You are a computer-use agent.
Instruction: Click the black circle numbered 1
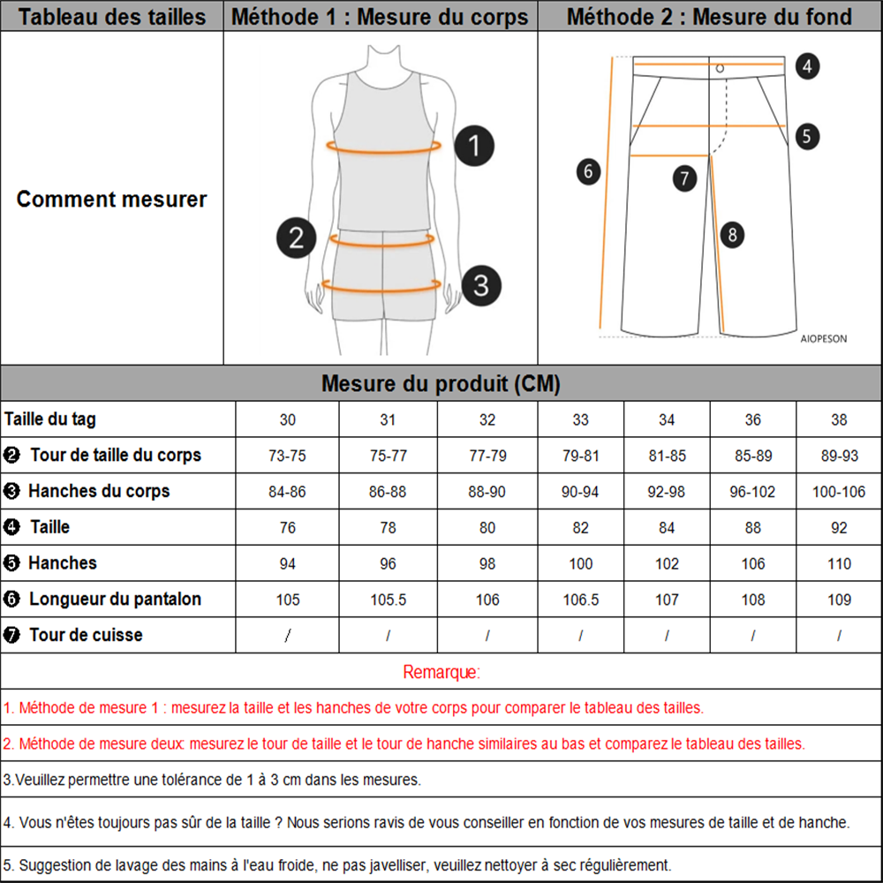[475, 146]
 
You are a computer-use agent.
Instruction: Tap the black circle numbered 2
[297, 238]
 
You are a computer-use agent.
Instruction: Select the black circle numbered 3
[481, 285]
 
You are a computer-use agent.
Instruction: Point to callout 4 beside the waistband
[807, 65]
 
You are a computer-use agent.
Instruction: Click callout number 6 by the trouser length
[589, 170]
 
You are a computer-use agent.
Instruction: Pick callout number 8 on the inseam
[732, 235]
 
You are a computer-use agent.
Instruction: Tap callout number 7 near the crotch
[684, 178]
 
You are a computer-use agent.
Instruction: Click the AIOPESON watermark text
[823, 338]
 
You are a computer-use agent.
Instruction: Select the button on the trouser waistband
[720, 68]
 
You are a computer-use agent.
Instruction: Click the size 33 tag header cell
[580, 419]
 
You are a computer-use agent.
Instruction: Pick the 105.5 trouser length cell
[388, 600]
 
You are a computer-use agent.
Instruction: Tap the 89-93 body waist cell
[839, 456]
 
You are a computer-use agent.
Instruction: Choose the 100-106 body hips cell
[839, 492]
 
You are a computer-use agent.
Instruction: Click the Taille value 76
[288, 528]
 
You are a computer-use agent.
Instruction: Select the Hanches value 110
[839, 564]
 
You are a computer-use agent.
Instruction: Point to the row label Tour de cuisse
[85, 635]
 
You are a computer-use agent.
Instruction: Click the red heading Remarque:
[441, 672]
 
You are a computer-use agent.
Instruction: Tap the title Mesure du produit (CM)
[441, 384]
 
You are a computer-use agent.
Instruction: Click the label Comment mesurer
[111, 199]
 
